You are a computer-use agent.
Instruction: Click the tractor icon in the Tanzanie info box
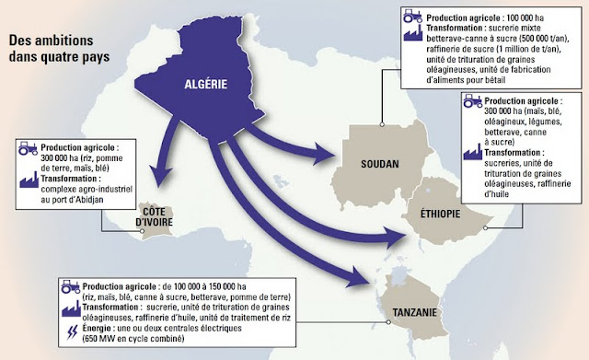point(67,286)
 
